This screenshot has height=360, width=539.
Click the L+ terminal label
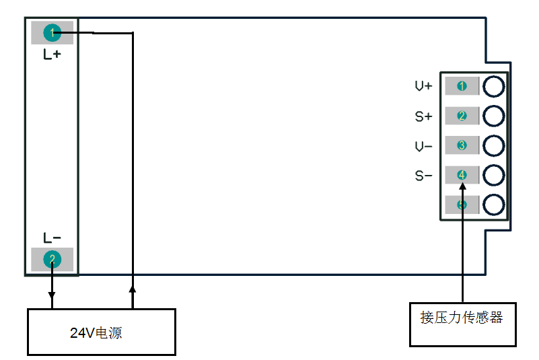(52, 55)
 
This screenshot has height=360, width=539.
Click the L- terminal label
(52, 238)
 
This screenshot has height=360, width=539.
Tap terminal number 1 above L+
(52, 32)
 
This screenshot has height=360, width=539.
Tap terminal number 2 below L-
(52, 259)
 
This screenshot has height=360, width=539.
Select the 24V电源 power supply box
(101, 332)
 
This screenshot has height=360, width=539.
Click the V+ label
(423, 87)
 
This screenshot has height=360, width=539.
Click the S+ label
(423, 116)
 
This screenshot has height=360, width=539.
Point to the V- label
(423, 146)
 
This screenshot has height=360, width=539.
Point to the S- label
(423, 176)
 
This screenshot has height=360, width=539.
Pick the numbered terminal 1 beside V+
(462, 86)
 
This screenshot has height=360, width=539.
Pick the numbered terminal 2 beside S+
(462, 116)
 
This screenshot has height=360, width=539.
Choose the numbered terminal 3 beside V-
(462, 145)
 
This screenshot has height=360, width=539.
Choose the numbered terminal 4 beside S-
(462, 175)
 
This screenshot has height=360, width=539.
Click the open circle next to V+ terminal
(494, 86)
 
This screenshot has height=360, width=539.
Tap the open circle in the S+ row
(494, 116)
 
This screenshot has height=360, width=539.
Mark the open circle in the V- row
(494, 145)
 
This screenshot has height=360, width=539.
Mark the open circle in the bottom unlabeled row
(494, 205)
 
